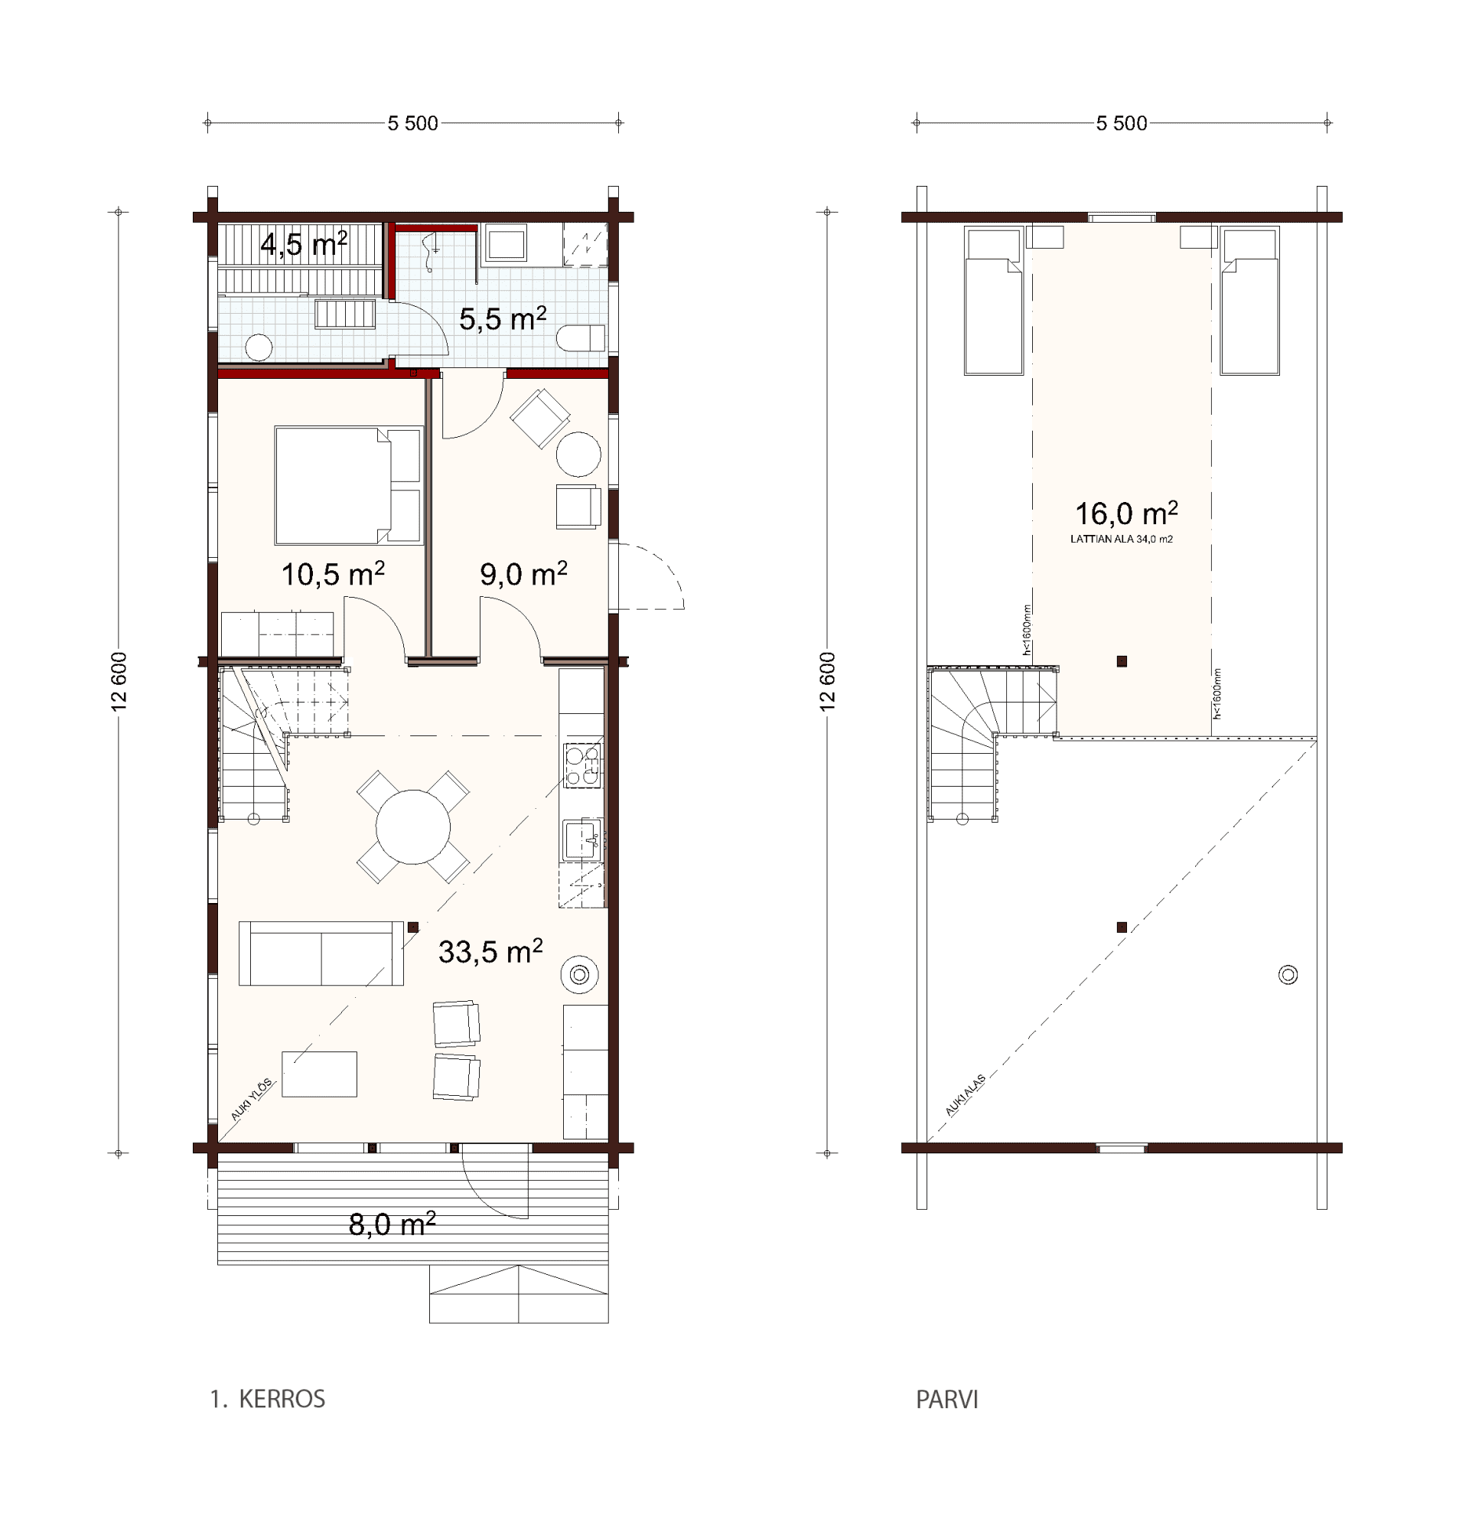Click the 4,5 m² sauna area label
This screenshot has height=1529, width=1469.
tap(304, 244)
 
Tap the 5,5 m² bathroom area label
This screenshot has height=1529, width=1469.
tap(503, 318)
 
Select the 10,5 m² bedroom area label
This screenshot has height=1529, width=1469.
tap(333, 574)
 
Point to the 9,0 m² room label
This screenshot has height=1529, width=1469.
tap(523, 574)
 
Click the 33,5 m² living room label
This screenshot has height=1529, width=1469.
tap(490, 952)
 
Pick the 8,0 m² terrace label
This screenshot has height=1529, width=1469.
tap(392, 1224)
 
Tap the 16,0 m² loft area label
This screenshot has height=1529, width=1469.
tap(1126, 513)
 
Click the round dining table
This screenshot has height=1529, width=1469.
tap(413, 827)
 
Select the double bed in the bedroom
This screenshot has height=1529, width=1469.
tap(348, 485)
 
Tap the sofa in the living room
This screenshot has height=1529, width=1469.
tap(321, 954)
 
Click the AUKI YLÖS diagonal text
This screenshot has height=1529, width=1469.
tap(252, 1099)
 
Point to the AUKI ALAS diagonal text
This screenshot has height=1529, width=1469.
tap(965, 1095)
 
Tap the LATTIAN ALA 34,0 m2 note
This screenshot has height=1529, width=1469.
tap(1122, 539)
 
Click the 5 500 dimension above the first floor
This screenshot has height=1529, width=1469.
tap(412, 123)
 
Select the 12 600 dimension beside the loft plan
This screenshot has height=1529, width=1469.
tap(829, 681)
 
